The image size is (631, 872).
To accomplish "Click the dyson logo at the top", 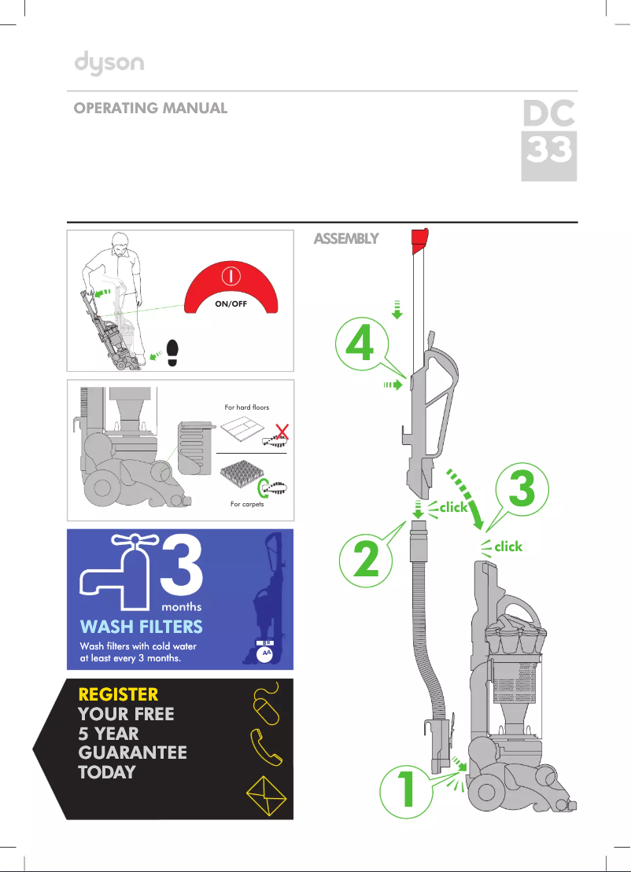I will click(x=109, y=64).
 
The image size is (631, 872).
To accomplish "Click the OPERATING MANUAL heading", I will click(x=150, y=109).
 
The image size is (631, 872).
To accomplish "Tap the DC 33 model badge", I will click(x=549, y=138).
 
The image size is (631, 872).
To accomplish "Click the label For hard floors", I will click(x=246, y=407).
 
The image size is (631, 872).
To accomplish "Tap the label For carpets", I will click(x=246, y=504).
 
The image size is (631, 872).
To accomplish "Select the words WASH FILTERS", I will click(x=142, y=627).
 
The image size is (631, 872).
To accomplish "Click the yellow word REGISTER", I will click(x=118, y=694).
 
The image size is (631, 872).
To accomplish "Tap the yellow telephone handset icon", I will click(x=265, y=745).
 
